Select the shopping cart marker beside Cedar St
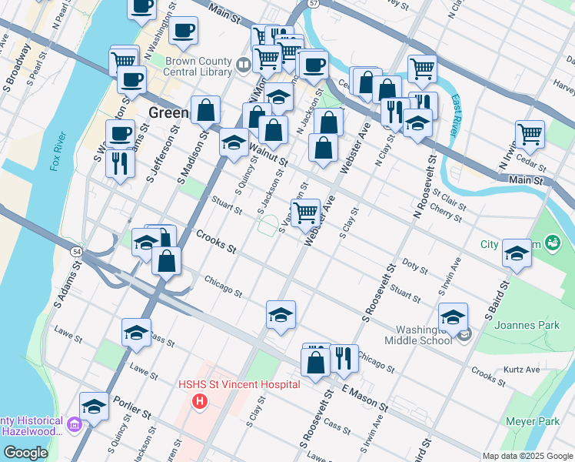point(530,134)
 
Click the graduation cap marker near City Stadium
point(517,252)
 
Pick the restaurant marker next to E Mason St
point(344,358)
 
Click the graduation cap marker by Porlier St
point(95,406)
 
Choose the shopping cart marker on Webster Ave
point(306,212)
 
